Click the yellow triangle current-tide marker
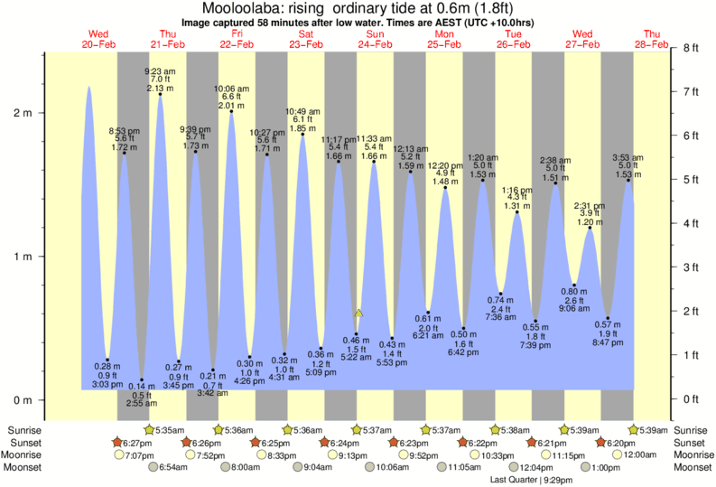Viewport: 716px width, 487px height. [x=358, y=313]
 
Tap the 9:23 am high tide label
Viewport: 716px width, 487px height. [x=160, y=70]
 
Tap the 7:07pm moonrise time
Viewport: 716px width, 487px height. [x=138, y=455]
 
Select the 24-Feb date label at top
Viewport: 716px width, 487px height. [x=374, y=43]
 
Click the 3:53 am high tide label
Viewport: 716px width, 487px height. [x=628, y=157]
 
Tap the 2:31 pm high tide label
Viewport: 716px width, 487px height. [x=590, y=205]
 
